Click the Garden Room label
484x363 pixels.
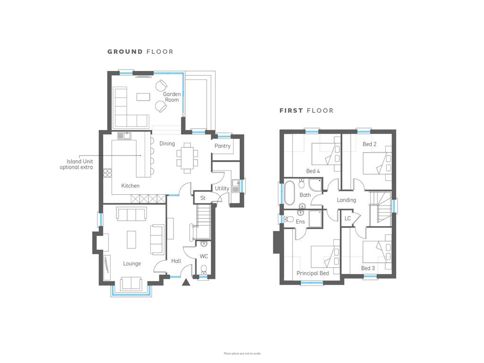pos(172,97)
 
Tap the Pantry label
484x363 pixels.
pos(222,146)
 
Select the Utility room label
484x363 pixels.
pos(222,188)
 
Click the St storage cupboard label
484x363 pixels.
pos(203,198)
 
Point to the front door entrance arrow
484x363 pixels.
pos(186,282)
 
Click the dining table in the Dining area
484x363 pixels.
pos(187,158)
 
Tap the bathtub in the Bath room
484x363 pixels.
pos(289,193)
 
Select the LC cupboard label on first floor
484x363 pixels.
pos(347,218)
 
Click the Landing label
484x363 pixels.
pos(346,200)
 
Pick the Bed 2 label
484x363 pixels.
pos(370,144)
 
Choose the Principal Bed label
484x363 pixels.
pos(313,273)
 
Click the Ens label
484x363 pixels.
pos(300,222)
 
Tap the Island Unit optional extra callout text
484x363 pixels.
pos(76,164)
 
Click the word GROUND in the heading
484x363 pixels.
pos(125,52)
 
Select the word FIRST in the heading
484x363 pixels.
pos(291,111)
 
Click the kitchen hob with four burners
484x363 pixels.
pos(107,173)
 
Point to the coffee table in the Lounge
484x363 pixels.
pos(131,240)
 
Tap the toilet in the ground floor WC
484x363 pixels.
pos(204,269)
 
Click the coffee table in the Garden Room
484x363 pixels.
pos(143,97)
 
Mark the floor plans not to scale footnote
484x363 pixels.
pos(242,354)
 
